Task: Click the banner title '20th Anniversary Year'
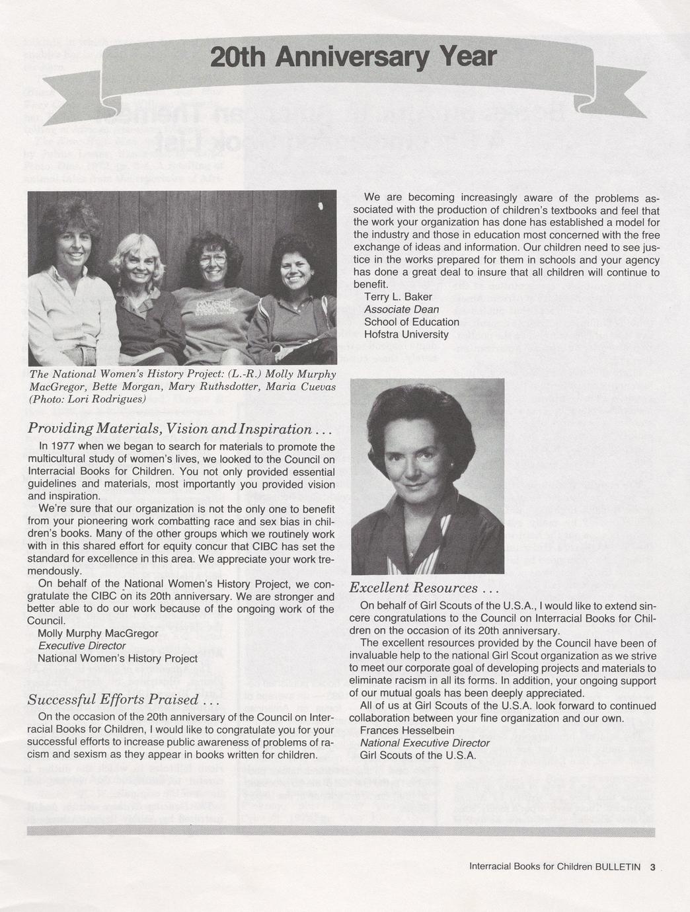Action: tap(352, 57)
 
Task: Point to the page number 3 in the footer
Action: tap(652, 867)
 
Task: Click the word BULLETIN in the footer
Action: tap(618, 867)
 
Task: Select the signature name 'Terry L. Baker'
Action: tap(398, 296)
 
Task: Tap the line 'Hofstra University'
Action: tap(406, 334)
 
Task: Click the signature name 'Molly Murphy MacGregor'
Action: tap(98, 633)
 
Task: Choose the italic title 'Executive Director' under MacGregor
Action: tap(82, 646)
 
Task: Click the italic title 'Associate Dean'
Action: tap(401, 309)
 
